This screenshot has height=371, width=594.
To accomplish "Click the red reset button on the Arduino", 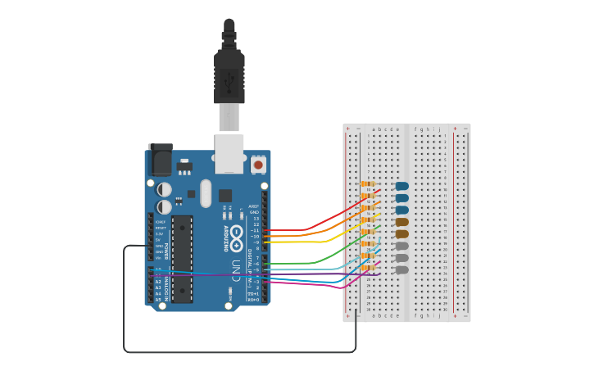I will click(259, 165).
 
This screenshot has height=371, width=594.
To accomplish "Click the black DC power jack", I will click(160, 160).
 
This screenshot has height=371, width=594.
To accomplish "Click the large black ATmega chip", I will click(182, 258).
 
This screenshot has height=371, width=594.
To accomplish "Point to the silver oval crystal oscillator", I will click(205, 193).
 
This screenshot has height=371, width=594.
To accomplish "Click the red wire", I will click(328, 219).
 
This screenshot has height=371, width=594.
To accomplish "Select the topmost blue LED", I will click(401, 186).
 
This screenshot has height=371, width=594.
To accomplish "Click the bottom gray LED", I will click(401, 269).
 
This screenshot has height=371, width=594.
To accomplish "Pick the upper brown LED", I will click(401, 222).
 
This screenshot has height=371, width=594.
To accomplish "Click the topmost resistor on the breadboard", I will click(367, 184).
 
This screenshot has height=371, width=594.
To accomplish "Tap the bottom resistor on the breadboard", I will click(367, 268).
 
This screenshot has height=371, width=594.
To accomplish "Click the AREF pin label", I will click(254, 206).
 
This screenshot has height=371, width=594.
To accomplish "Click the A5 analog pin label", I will click(158, 300).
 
